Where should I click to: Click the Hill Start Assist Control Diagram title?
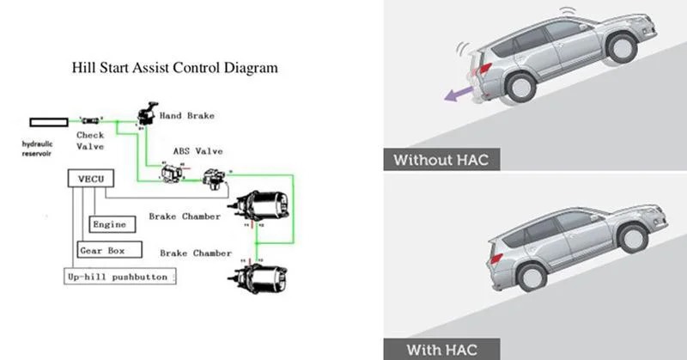175,66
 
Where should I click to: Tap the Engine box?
112,225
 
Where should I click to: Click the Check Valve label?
91,140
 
